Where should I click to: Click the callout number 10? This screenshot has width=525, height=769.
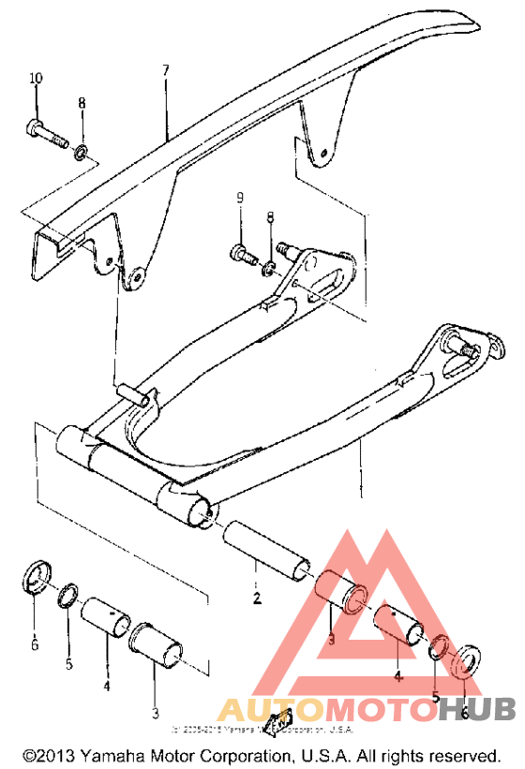tap(36, 78)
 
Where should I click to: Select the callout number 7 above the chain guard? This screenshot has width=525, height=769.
tap(165, 70)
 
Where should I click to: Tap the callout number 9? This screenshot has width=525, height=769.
tap(239, 198)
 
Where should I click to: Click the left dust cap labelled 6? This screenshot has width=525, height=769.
tap(36, 576)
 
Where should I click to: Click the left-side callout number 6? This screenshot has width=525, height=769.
tap(35, 644)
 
